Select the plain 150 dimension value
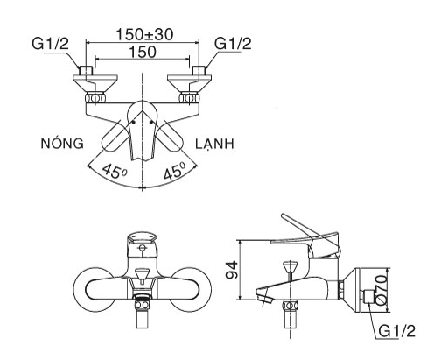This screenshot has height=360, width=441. [x=145, y=53]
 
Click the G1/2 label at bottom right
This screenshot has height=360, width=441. [x=399, y=331]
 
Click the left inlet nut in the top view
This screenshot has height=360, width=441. [x=86, y=72]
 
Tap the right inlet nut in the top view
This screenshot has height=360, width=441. [x=203, y=72]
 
